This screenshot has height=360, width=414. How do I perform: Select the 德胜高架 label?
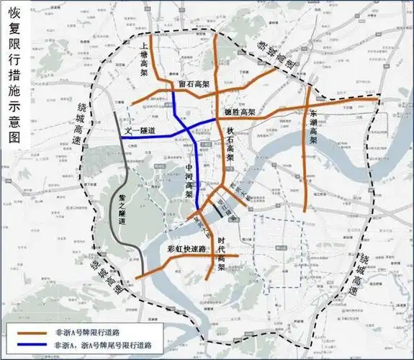(240, 112)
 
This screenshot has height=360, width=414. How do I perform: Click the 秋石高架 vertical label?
(230, 143)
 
